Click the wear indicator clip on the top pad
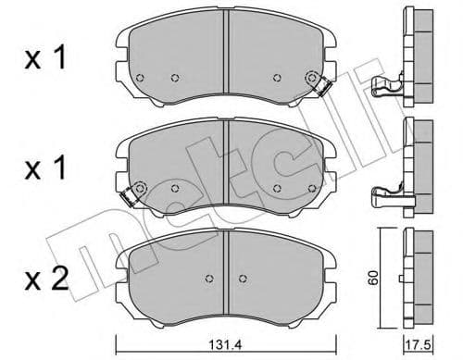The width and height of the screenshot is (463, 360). [323, 86]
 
